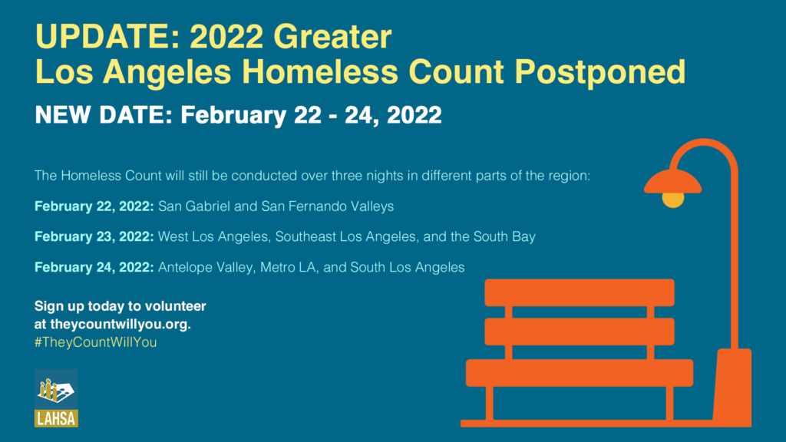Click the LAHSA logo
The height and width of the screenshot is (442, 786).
(56, 397)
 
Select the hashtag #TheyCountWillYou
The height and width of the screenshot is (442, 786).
(95, 342)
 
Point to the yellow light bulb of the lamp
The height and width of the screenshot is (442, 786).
(672, 200)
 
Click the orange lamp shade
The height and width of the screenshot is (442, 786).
(672, 182)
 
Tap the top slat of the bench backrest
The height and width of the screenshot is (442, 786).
(579, 292)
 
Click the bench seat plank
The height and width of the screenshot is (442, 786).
(579, 372)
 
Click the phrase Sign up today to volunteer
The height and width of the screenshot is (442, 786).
(121, 306)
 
